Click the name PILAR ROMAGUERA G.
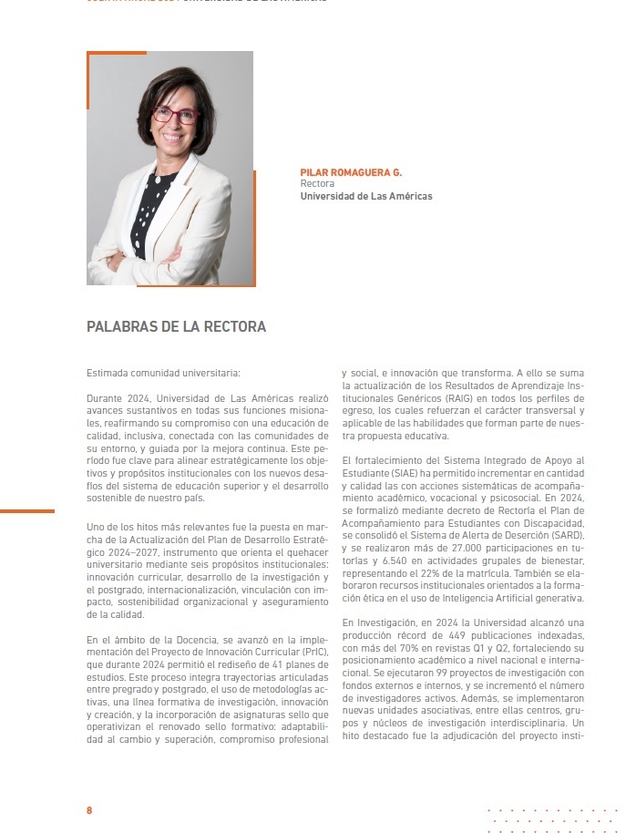350,172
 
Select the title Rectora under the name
317,183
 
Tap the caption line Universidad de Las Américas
365,196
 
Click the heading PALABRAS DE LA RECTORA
176,326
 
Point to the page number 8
89,810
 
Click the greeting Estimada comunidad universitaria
163,373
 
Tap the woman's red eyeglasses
176,115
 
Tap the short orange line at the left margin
27,511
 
